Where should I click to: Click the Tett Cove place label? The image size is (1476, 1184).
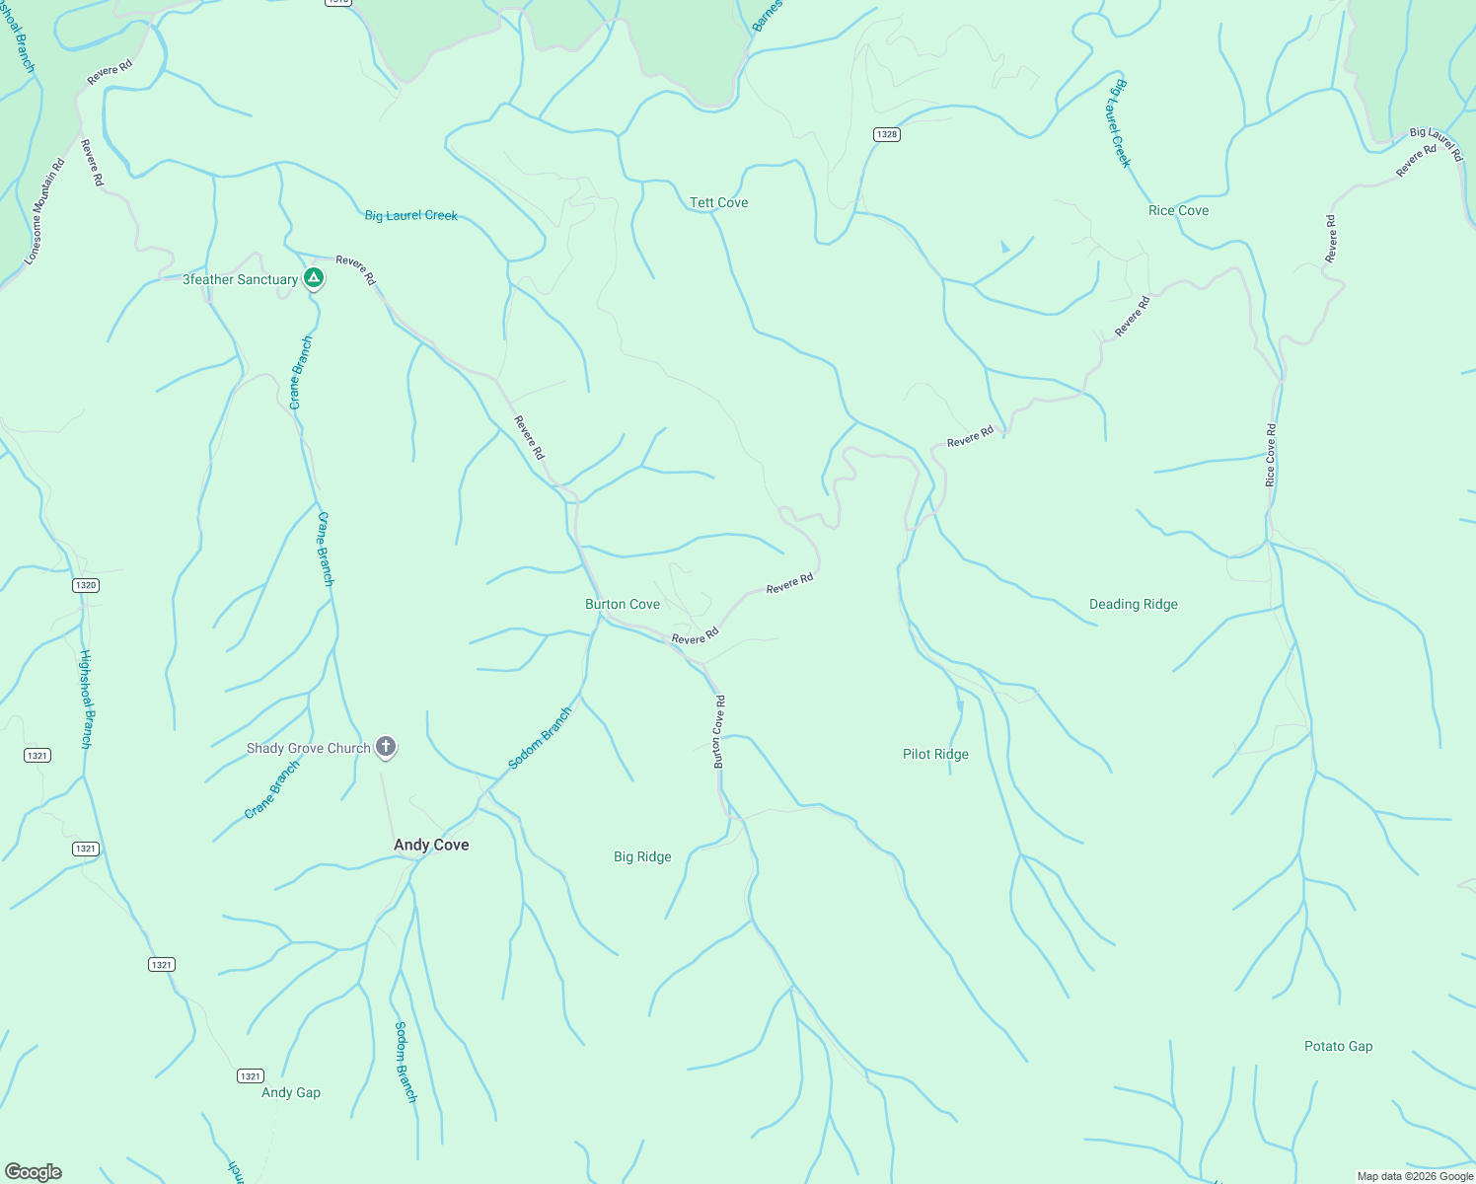tap(718, 202)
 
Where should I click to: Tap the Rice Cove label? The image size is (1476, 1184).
tap(1178, 210)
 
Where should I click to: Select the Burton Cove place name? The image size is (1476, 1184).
tap(623, 604)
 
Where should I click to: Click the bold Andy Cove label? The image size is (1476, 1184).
tap(431, 845)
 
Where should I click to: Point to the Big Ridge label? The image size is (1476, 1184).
tap(642, 856)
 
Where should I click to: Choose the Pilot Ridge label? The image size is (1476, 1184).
tap(935, 754)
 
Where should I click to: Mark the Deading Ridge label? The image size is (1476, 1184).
tap(1133, 604)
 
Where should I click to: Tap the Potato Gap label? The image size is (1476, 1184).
tap(1338, 1046)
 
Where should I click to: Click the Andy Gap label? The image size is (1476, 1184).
tap(291, 1092)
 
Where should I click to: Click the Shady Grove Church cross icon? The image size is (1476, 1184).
tap(387, 747)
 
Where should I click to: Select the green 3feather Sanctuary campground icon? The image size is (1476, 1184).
tap(314, 278)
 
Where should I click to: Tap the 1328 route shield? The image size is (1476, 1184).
tap(887, 134)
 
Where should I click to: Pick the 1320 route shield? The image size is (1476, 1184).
tap(86, 585)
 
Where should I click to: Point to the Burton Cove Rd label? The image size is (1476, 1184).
tap(719, 731)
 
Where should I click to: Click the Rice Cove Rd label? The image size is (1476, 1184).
tap(1271, 455)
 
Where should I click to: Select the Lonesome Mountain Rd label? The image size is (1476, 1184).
tap(44, 211)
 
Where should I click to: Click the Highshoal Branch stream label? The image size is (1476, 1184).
tap(87, 699)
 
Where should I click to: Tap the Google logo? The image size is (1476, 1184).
tap(34, 1171)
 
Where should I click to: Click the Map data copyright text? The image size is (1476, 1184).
tap(1415, 1176)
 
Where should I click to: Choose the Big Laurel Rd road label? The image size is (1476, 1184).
tap(1437, 143)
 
